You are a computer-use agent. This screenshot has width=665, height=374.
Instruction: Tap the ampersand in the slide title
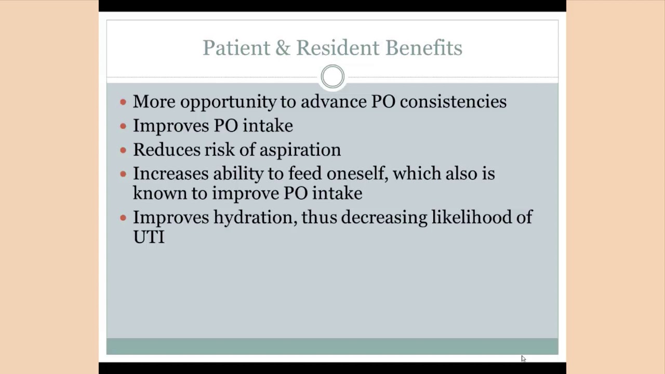tap(283, 48)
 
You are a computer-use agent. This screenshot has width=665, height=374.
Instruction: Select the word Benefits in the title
tap(423, 48)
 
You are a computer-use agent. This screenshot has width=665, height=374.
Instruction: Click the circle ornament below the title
tap(332, 77)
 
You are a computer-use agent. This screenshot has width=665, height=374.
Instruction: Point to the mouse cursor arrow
tap(523, 358)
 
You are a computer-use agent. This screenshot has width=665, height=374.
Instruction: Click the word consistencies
tap(453, 101)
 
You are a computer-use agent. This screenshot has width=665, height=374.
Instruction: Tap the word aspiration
tap(300, 150)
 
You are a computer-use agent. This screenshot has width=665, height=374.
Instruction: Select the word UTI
tap(149, 237)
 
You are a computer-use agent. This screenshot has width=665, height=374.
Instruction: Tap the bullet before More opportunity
tap(123, 102)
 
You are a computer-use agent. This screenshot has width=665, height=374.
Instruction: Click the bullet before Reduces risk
tap(123, 150)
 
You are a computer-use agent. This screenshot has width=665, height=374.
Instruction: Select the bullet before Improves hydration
tap(123, 218)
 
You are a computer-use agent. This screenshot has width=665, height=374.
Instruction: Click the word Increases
tap(170, 173)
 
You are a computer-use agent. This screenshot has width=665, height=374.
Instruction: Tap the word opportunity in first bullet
tap(228, 102)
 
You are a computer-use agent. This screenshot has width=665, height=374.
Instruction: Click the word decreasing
tap(384, 217)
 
